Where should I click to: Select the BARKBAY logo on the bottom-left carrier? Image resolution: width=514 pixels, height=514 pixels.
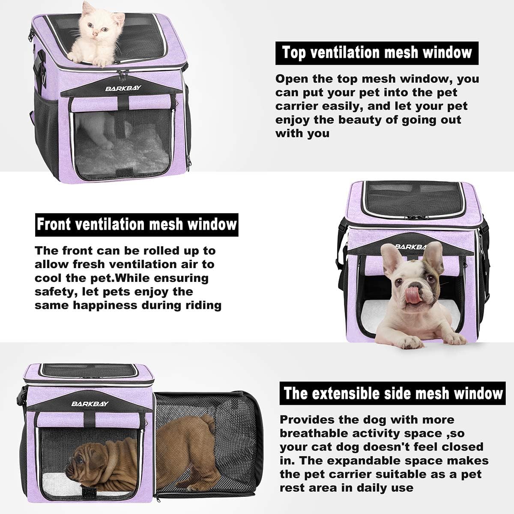tap(86, 403)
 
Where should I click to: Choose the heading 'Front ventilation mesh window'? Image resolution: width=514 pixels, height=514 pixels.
tap(136, 224)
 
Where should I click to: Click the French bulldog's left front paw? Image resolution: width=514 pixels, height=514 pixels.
tap(403, 341)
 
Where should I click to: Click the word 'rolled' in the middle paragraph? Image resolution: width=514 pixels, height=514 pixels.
tap(162, 251)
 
